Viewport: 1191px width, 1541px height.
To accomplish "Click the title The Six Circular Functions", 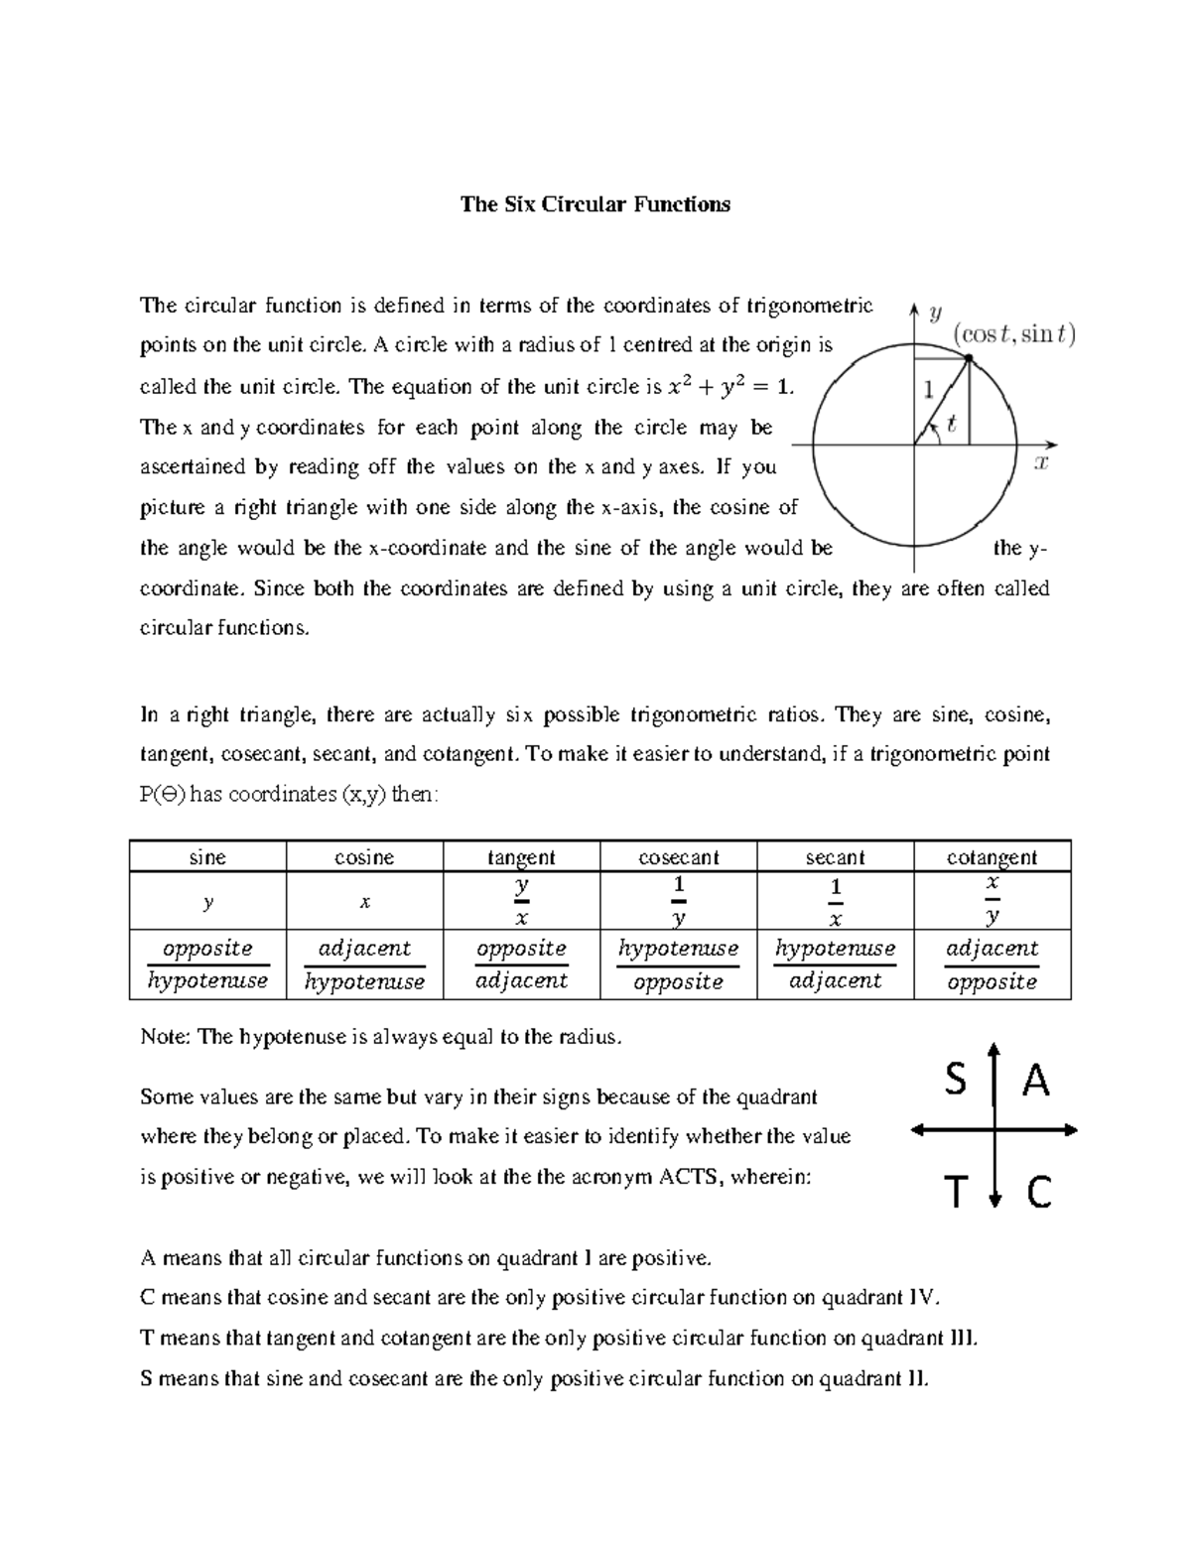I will coord(595,204).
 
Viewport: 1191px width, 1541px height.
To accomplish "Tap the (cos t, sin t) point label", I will coord(1014,334).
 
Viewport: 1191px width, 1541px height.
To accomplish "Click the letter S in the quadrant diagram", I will coord(955,1080).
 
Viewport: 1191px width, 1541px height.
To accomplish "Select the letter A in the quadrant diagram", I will coord(1035,1080).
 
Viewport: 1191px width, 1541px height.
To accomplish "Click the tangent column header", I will coord(521,857).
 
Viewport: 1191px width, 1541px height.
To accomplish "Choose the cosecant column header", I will coord(678,857).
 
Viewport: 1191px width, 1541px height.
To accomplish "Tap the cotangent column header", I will coord(992,857).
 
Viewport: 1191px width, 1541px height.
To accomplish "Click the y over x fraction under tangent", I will coord(522,901).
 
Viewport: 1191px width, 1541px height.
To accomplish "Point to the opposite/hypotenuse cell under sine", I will coord(207,964).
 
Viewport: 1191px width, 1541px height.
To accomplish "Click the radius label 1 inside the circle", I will coord(929,390).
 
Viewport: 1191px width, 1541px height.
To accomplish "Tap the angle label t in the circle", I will coord(952,425).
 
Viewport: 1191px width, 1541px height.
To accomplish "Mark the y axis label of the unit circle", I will coord(934,315).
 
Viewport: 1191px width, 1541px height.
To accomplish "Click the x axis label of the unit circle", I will coord(1041,462).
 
